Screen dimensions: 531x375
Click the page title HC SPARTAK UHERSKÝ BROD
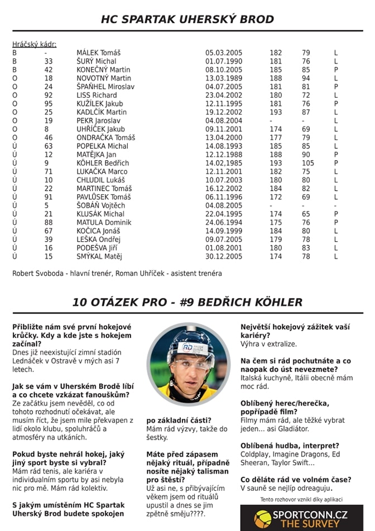[x=187, y=20]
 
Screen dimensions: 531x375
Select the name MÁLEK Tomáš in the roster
[x=98, y=52]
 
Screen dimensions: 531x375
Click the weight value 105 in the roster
[x=307, y=163]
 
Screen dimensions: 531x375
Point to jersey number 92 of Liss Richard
[x=49, y=95]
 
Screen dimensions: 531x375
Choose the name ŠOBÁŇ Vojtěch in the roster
[x=101, y=205]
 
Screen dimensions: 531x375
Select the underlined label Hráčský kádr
[x=34, y=44]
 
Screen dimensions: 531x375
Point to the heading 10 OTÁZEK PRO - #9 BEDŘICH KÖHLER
[x=187, y=302]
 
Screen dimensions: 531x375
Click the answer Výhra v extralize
[x=268, y=344]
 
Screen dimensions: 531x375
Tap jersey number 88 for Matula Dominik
[x=49, y=222]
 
